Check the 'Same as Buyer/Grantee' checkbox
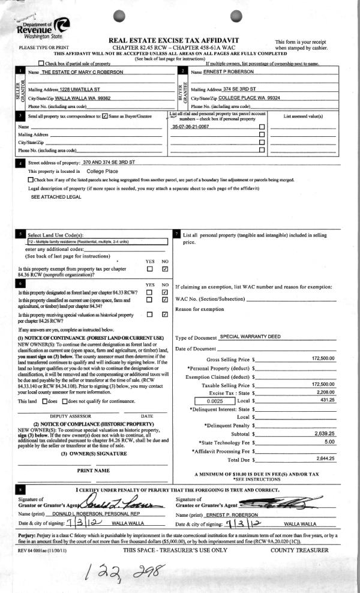coord(105,116)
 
